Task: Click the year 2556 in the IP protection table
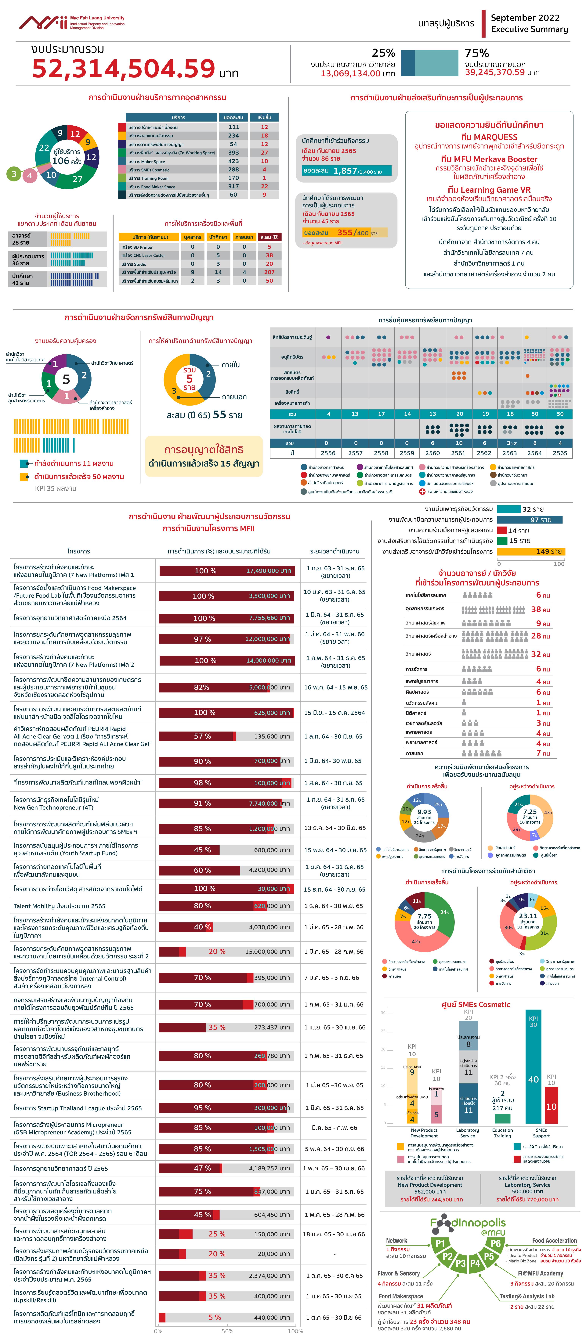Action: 328,453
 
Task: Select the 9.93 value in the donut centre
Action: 424,812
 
